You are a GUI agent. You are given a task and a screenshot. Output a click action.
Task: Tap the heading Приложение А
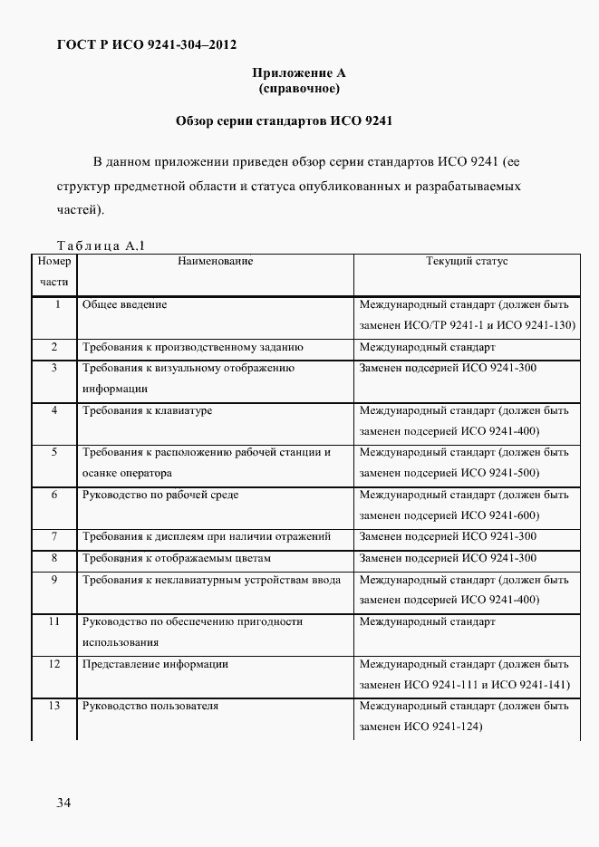[x=299, y=72]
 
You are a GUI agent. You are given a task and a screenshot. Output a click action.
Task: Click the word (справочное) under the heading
[x=299, y=88]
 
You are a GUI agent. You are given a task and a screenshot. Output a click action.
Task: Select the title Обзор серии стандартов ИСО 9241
[x=284, y=120]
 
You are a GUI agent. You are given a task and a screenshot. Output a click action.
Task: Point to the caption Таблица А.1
[x=101, y=245]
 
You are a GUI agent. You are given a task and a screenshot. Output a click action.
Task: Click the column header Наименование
[x=216, y=261]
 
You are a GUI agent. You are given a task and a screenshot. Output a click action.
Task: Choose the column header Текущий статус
[x=467, y=261]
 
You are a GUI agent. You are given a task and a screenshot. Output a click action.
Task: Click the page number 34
[x=64, y=803]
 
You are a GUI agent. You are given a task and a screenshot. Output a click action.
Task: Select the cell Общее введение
[x=125, y=304]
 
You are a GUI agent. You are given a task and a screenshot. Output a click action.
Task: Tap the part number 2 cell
[x=54, y=347]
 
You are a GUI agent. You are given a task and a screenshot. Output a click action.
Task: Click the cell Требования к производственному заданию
[x=192, y=347]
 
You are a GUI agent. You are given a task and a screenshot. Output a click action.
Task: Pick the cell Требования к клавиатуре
[x=147, y=410]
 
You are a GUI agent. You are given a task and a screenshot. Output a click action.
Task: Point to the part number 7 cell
[x=54, y=536]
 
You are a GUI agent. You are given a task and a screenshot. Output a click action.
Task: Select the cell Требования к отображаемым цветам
[x=176, y=558]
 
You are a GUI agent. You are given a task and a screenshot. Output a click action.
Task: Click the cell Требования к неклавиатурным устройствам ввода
[x=211, y=580]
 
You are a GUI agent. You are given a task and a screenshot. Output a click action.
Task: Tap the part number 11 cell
[x=54, y=621]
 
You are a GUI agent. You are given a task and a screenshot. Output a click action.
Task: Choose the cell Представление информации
[x=155, y=664]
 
